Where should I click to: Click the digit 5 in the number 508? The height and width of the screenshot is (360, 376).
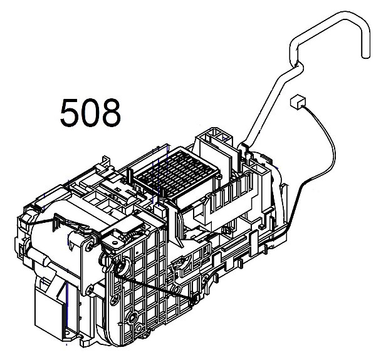tap(70, 114)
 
